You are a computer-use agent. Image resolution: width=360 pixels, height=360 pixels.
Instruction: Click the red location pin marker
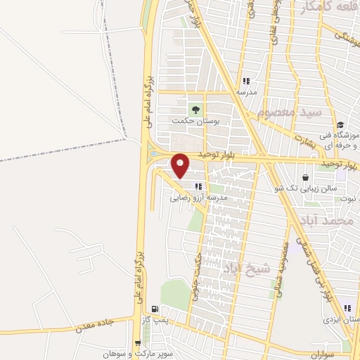click(181, 165)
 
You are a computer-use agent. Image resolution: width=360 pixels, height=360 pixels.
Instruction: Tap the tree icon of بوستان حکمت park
click(196, 109)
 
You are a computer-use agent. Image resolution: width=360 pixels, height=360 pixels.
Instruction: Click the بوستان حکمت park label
click(196, 121)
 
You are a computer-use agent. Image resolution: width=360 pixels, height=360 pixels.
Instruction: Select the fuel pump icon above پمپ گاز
click(155, 309)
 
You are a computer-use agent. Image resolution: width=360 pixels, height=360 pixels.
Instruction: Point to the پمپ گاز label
click(155, 319)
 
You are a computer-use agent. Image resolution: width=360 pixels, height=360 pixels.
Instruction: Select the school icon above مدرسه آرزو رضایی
click(199, 186)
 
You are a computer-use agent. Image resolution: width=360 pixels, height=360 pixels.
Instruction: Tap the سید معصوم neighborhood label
click(289, 113)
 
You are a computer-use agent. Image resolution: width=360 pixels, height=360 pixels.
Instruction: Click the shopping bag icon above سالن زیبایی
click(306, 177)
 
